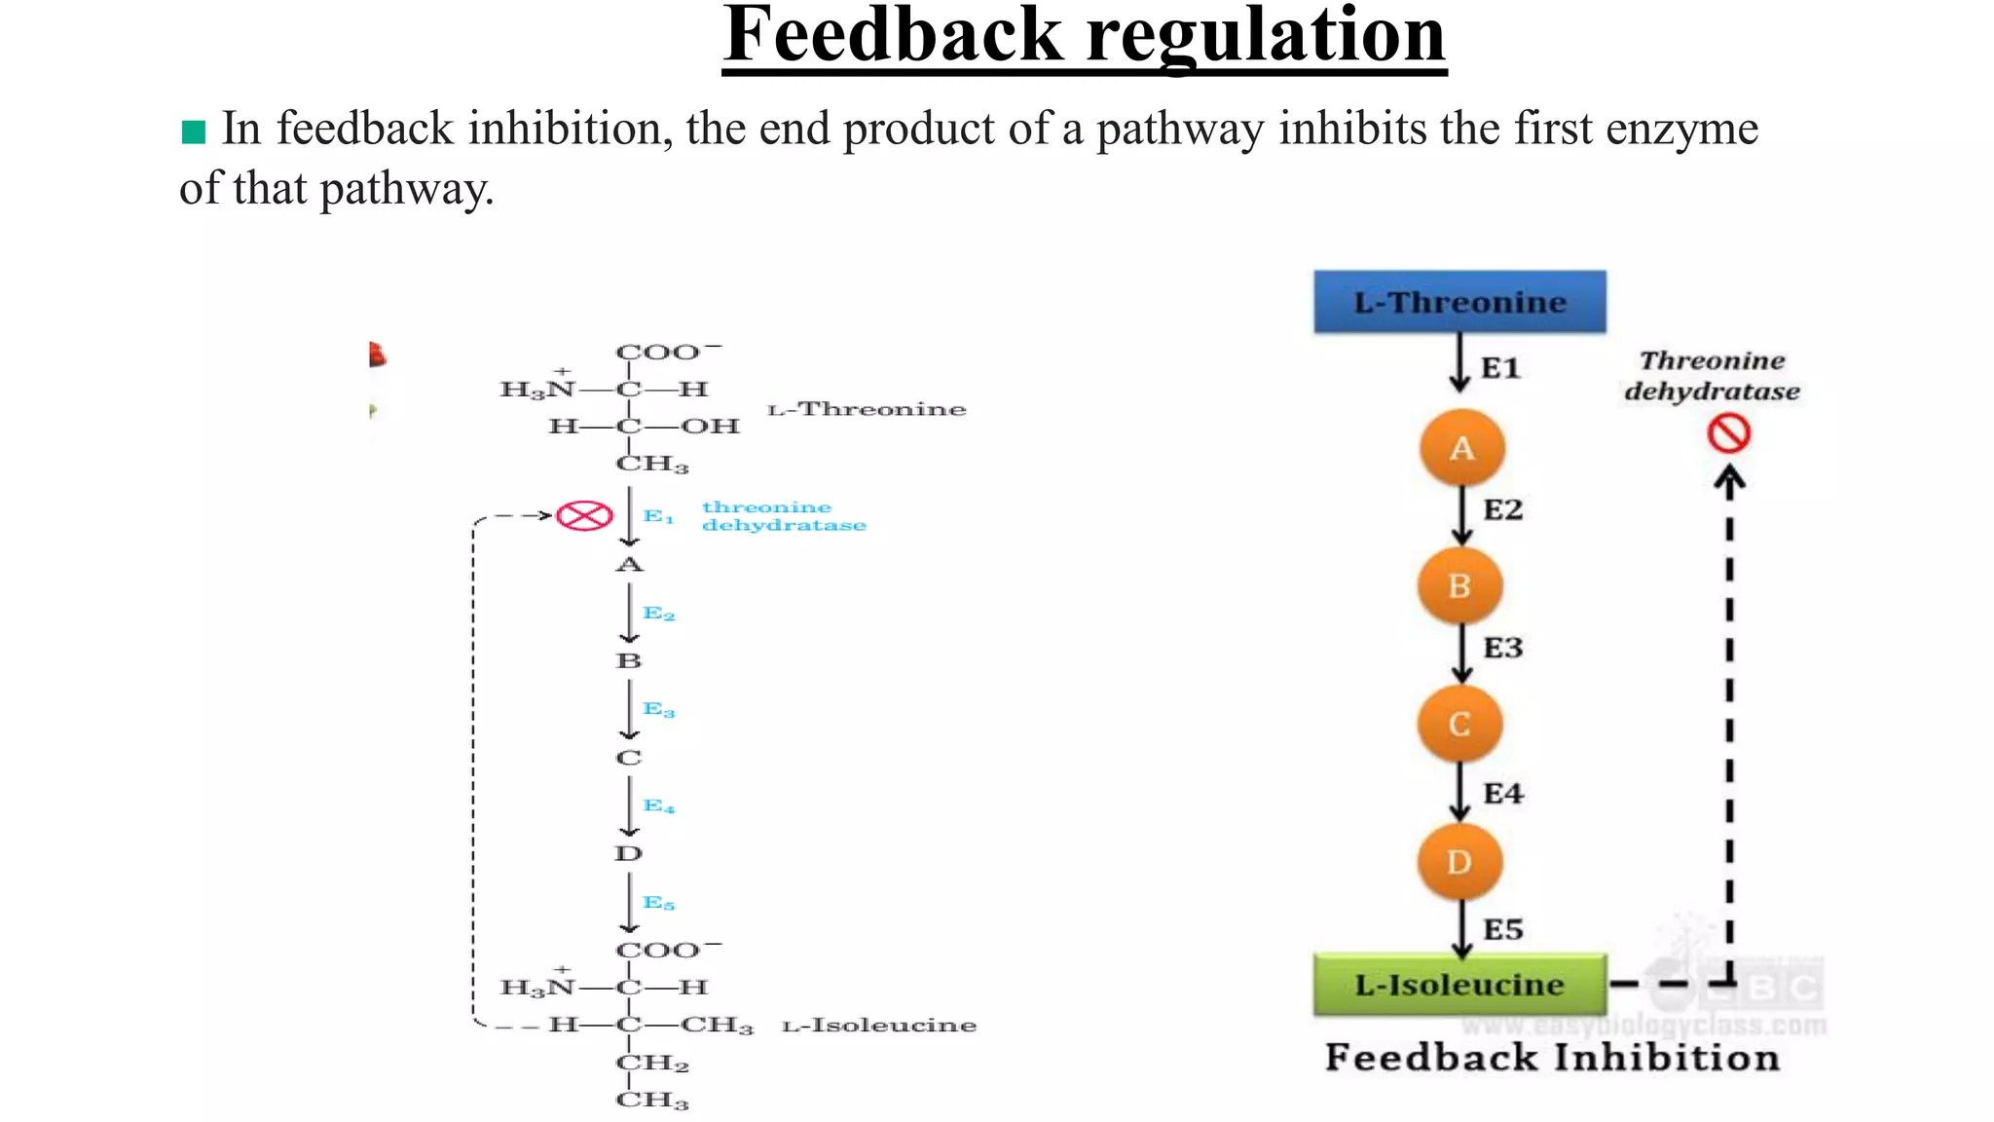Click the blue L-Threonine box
[x=1459, y=302]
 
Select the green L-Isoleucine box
[x=1459, y=985]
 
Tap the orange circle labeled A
[x=1461, y=449]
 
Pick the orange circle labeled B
[x=1459, y=586]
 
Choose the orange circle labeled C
[x=1459, y=725]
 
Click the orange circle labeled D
[x=1459, y=862]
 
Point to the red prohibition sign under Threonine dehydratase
[x=1729, y=433]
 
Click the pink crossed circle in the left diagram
[x=584, y=515]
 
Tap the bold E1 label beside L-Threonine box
[x=1500, y=368]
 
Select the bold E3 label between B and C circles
[x=1502, y=648]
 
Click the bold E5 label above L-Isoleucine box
[x=1502, y=929]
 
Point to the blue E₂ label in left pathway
[x=658, y=614]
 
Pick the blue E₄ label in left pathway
[x=658, y=806]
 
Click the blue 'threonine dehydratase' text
[x=783, y=516]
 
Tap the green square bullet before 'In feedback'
[x=194, y=131]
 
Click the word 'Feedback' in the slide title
[x=892, y=35]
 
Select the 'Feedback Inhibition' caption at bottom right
[x=1552, y=1058]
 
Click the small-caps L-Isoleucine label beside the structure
[x=879, y=1026]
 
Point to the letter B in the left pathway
[x=629, y=660]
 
